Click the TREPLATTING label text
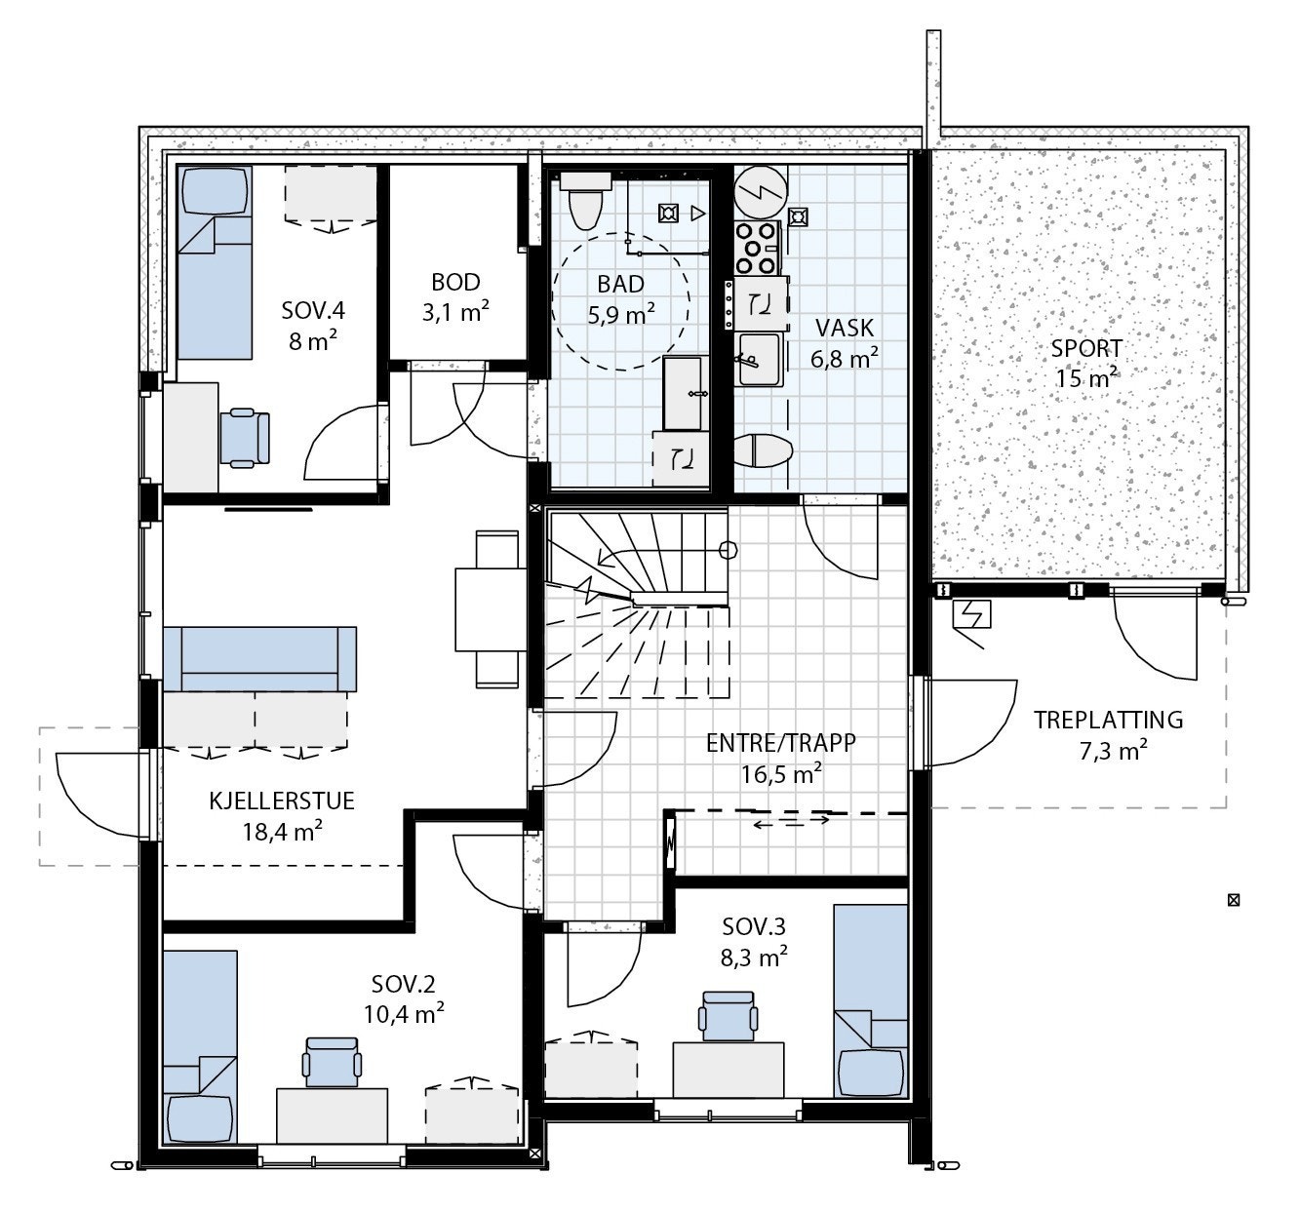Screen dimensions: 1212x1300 (x=1108, y=721)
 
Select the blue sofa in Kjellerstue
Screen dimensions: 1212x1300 (x=259, y=659)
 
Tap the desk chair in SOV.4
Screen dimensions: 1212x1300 (x=245, y=438)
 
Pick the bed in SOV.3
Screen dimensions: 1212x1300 (x=871, y=1000)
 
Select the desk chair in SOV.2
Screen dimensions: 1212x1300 (x=332, y=1062)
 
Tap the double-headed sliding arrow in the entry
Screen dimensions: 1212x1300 (x=791, y=820)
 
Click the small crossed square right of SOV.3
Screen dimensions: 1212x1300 (x=1233, y=900)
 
